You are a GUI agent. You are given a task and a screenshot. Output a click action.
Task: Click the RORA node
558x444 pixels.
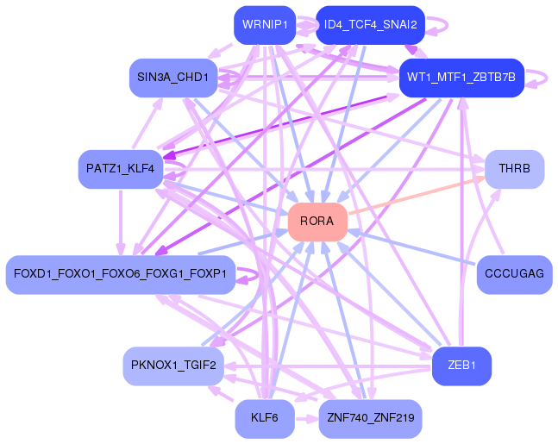(317, 222)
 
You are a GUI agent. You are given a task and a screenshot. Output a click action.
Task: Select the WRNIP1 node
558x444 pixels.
(265, 25)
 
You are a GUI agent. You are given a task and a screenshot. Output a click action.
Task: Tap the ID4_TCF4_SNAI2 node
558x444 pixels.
(371, 25)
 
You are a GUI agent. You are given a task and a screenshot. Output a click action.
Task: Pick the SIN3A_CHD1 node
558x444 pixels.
(173, 78)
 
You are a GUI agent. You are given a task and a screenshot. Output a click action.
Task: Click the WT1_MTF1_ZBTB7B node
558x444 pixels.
(461, 78)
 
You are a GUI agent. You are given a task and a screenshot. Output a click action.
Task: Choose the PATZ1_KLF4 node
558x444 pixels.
(121, 169)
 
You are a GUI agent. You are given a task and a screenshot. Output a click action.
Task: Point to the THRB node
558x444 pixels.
(515, 169)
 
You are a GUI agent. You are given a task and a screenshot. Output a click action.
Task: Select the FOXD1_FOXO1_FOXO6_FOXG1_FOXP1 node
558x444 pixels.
(121, 275)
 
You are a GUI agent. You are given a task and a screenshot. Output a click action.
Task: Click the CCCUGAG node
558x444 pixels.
(515, 275)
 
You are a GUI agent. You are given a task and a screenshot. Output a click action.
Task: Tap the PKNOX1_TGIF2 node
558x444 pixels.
(173, 366)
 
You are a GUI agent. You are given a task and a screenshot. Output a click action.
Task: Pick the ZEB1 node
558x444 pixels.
(462, 366)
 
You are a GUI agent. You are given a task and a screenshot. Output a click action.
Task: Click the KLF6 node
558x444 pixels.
(265, 419)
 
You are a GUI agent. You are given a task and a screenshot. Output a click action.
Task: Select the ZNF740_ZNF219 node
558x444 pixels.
(371, 419)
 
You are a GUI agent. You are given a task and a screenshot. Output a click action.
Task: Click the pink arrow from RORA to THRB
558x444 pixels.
(417, 196)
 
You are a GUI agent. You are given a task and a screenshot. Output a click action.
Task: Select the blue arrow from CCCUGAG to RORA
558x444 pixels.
(411, 247)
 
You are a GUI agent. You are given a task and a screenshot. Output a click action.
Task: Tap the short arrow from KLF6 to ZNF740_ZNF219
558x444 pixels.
(307, 419)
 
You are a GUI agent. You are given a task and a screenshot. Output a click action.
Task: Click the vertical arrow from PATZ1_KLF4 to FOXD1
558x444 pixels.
(121, 222)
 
